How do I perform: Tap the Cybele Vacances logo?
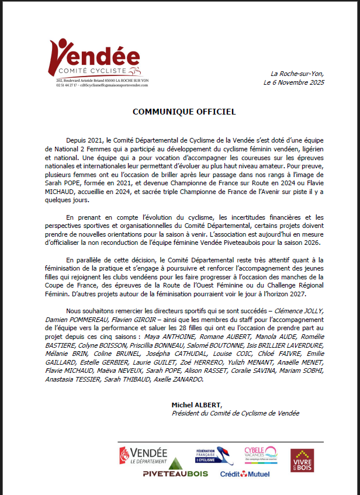click(x=261, y=454)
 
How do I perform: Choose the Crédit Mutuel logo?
click(x=245, y=473)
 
